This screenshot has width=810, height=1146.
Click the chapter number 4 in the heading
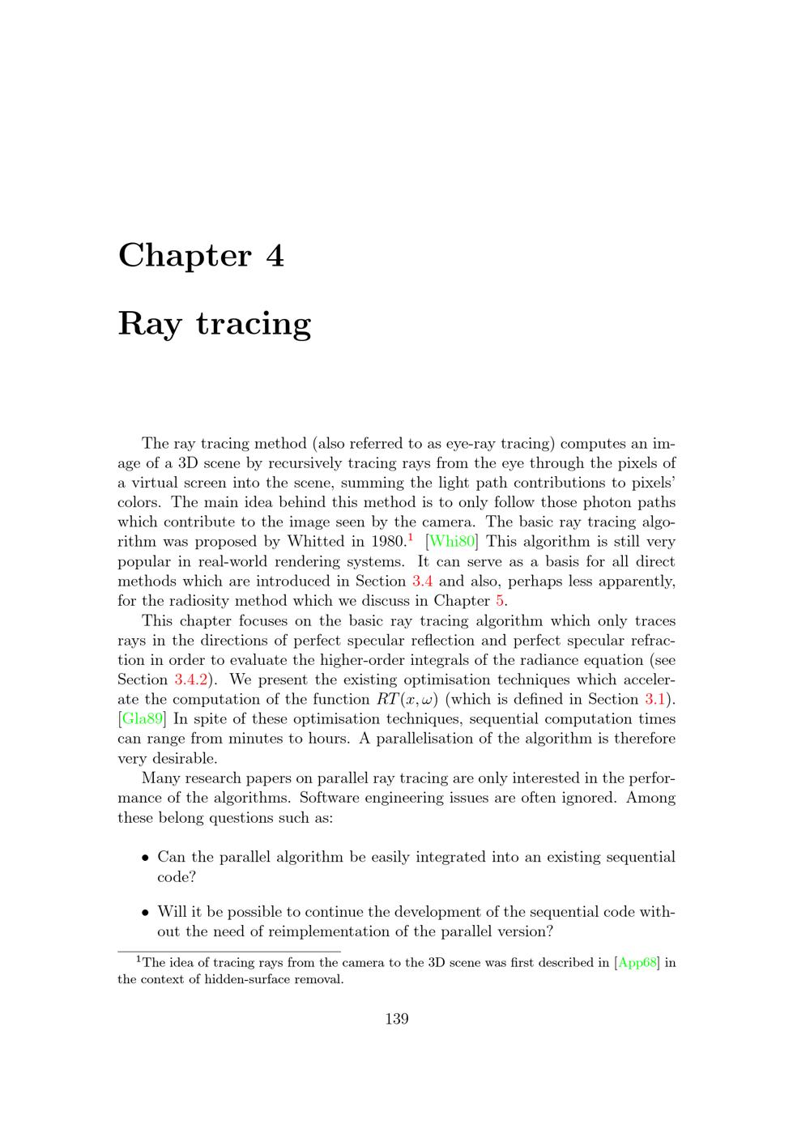[x=275, y=256]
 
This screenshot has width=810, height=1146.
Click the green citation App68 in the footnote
[x=638, y=963]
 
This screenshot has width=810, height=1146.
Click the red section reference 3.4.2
[x=191, y=680]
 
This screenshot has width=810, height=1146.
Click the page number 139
[x=396, y=1019]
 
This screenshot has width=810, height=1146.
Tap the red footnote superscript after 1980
[x=411, y=537]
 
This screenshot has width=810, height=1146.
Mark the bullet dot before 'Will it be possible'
[x=145, y=913]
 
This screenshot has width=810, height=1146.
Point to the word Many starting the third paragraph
[x=162, y=778]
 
